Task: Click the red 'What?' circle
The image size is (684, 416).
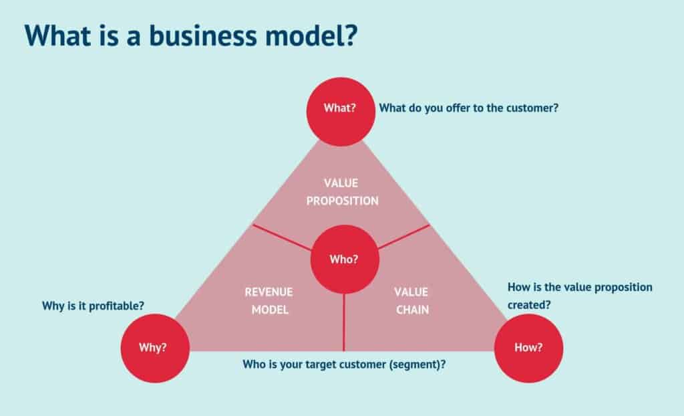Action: point(339,109)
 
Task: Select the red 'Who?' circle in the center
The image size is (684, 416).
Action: point(344,259)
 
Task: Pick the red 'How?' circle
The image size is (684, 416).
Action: point(528,348)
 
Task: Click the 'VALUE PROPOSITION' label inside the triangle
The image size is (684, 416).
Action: point(342,191)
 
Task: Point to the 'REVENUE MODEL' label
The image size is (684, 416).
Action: point(269,301)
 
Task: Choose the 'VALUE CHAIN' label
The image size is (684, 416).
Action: point(411,301)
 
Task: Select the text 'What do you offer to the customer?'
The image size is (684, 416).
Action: point(468,108)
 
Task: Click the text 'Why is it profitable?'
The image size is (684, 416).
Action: point(94,306)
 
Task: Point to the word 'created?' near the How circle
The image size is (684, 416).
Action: point(528,304)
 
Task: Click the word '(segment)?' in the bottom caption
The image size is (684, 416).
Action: point(417,365)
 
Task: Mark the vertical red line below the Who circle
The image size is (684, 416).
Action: point(343,322)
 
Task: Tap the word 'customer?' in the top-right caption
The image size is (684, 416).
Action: point(532,108)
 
